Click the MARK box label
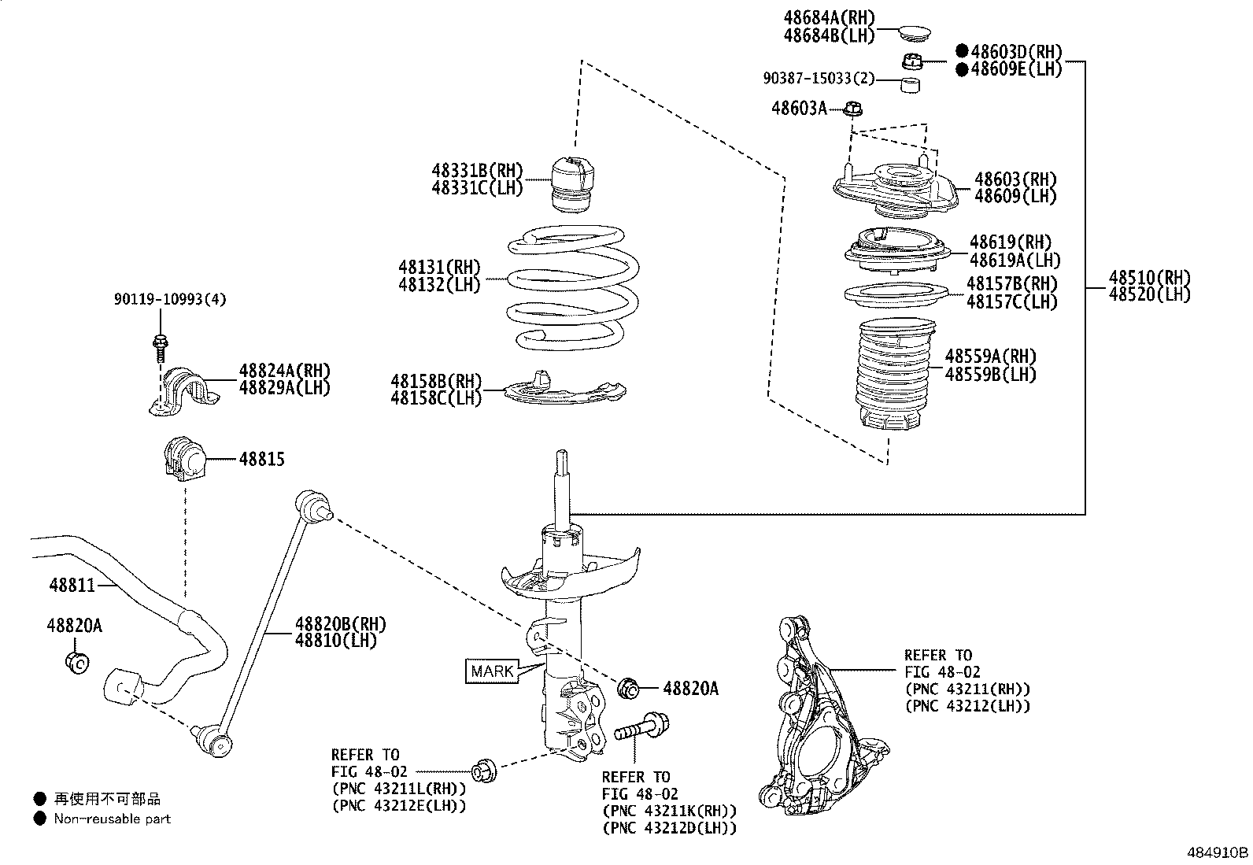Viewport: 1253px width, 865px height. [492, 671]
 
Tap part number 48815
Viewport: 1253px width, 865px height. [261, 459]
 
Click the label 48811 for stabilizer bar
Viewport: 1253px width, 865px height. [72, 585]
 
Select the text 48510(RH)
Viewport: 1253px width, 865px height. [1149, 277]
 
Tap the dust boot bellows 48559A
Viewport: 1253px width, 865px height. [894, 375]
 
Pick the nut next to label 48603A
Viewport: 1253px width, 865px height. [855, 109]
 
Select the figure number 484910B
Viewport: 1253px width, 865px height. [1218, 852]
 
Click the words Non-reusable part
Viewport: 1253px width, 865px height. [112, 819]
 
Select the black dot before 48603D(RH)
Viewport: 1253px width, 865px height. [962, 51]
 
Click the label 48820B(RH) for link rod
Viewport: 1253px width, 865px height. [340, 624]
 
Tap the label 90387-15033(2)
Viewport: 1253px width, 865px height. [819, 79]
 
